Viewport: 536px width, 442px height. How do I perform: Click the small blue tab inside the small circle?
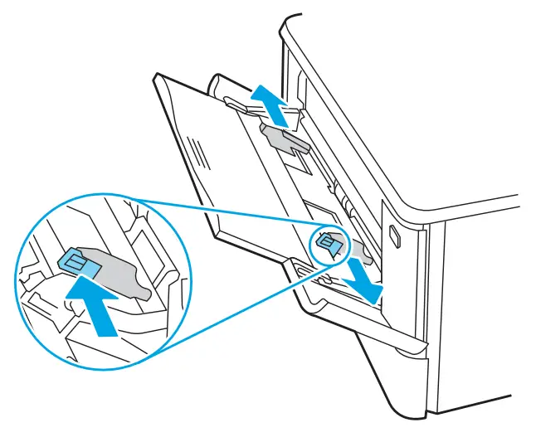[x=328, y=244]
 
